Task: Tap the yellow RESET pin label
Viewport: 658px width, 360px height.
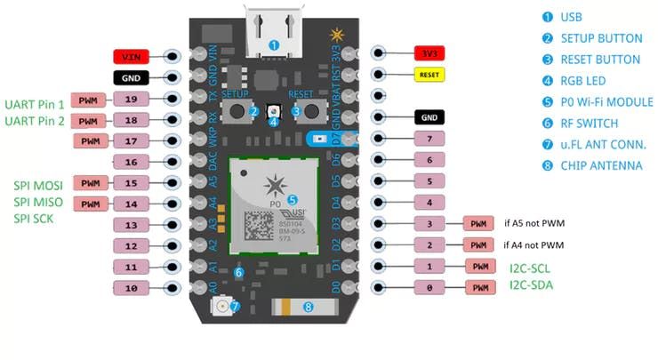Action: click(x=429, y=76)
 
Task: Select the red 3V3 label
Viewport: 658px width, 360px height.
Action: click(x=429, y=55)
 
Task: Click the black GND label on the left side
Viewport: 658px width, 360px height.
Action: click(x=132, y=77)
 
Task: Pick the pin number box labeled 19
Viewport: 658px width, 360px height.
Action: click(x=132, y=99)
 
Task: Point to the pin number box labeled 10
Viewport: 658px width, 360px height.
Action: click(x=132, y=288)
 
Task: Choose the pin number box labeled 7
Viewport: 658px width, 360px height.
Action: click(x=429, y=139)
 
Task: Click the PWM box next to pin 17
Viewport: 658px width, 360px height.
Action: click(x=89, y=140)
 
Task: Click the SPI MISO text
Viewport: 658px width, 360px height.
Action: click(x=37, y=202)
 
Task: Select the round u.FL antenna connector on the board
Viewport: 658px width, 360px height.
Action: click(x=221, y=307)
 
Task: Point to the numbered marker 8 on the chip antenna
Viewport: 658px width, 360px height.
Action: click(x=309, y=308)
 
